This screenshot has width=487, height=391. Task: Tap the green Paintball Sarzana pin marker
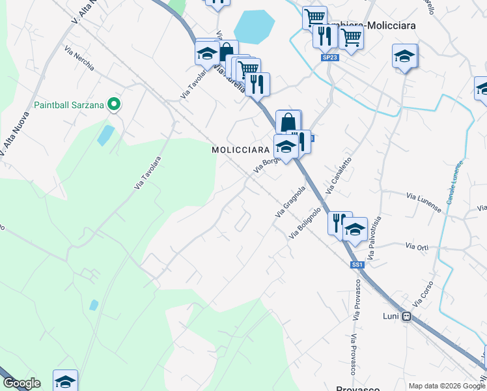coord(115,104)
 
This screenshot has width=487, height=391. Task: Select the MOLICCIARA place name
coord(240,150)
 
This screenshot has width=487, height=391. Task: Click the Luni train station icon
coord(407,317)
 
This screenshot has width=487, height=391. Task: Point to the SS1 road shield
coord(357,265)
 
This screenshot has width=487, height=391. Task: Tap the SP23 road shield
coord(329,57)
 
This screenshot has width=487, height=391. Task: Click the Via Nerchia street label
coord(79,58)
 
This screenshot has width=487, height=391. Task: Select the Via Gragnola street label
coord(290,202)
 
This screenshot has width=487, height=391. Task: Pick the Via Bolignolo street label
coord(305,223)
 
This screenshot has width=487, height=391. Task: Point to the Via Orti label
coord(417,246)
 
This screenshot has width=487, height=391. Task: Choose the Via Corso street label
coord(423,296)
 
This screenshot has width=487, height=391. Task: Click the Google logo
coord(21,383)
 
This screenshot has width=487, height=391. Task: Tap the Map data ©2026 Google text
coord(446,386)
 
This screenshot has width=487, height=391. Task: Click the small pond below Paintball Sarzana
coord(104,135)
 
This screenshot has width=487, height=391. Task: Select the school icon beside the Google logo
coord(65,381)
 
